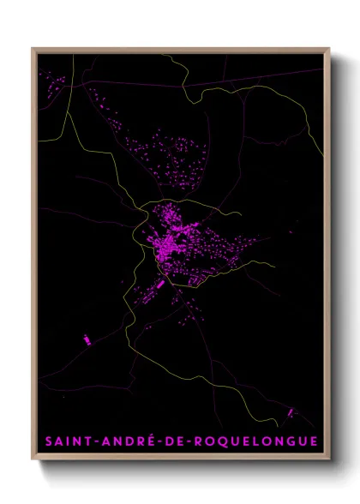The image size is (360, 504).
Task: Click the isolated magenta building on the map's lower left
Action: [86, 339]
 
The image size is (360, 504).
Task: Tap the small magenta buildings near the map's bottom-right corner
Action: [291, 413]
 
